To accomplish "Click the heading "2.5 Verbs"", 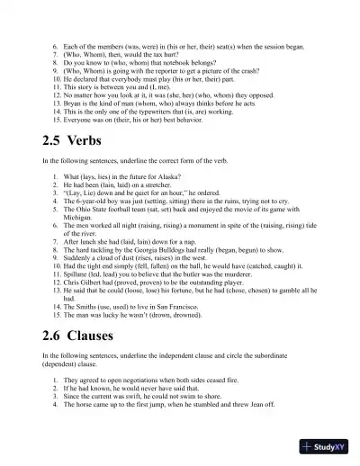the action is (x=72, y=141).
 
